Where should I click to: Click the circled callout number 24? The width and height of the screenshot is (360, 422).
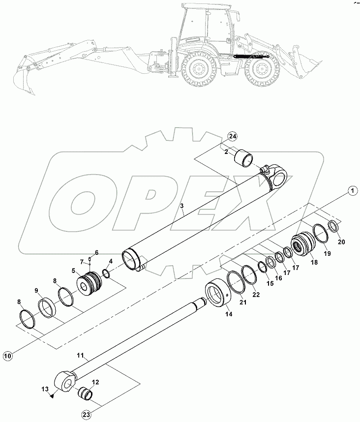coord(233,137)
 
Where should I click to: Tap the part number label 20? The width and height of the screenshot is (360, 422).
coord(342,241)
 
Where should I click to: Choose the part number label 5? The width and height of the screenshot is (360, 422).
coord(73,270)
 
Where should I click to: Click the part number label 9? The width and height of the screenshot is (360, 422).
coord(36,290)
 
